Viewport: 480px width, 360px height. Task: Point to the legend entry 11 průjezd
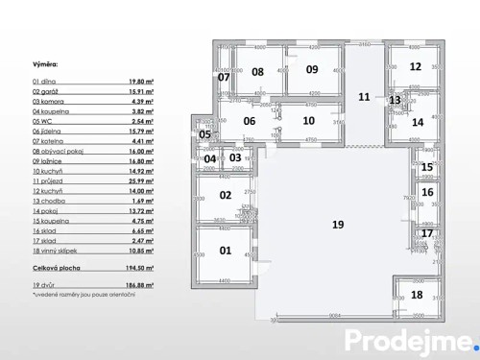52,180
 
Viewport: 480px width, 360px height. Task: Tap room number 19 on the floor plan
338,224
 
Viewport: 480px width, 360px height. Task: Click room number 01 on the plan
226,251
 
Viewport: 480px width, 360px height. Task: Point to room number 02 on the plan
226,195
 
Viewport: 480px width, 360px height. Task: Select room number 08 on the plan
257,71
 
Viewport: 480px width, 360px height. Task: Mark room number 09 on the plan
312,69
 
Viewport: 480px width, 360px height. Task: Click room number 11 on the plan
364,96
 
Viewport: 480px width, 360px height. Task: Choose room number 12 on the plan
415,66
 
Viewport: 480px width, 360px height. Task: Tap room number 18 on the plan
417,295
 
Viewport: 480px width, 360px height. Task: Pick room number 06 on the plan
249,121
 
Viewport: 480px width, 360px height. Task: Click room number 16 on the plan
427,192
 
